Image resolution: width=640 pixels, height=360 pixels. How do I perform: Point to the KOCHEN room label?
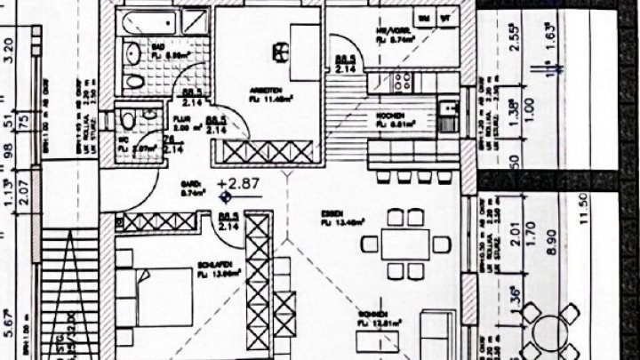coord(392,116)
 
